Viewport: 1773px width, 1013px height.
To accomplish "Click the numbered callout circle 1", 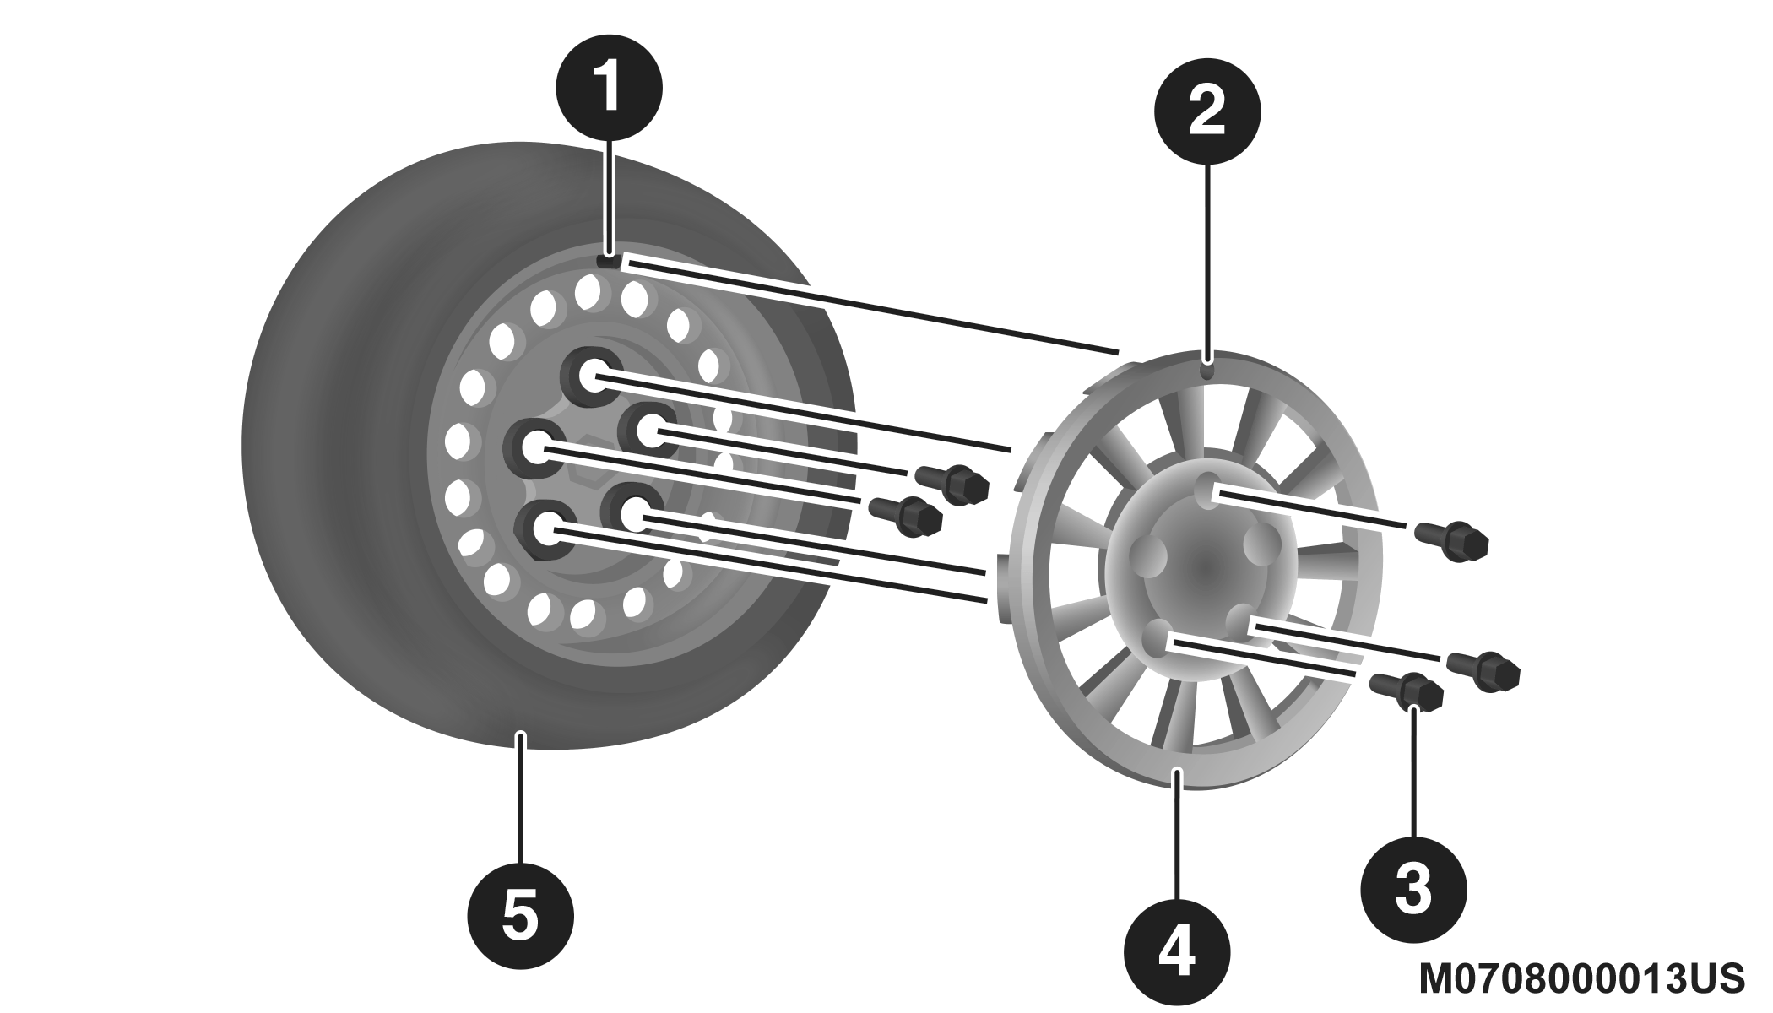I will click(x=609, y=87).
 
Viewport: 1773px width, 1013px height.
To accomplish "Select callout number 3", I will click(x=1413, y=888).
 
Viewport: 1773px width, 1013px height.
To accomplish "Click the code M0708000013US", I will click(x=1581, y=979).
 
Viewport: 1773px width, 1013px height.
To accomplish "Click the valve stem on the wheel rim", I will click(x=609, y=262).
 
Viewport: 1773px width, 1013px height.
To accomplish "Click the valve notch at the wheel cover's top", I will click(x=1208, y=369).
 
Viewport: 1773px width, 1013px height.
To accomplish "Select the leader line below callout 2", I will click(x=1208, y=262).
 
